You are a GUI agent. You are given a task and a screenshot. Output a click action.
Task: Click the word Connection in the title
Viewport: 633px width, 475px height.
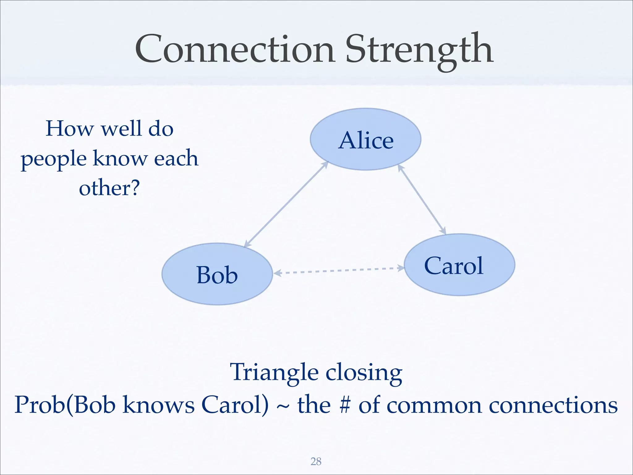pos(235,49)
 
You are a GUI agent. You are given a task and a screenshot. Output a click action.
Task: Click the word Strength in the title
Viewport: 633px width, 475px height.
pos(419,49)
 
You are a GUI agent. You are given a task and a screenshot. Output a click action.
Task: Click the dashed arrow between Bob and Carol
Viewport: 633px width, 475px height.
pos(338,271)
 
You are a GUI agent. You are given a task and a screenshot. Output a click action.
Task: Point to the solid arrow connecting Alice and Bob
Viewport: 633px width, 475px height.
pos(286,204)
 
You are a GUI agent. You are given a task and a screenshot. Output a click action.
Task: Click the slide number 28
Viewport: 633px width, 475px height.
pos(316,461)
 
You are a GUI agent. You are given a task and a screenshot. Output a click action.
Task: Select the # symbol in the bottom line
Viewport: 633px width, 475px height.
pos(345,405)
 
